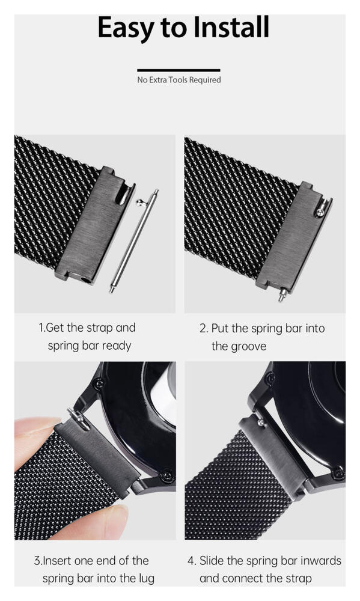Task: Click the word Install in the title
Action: (231, 27)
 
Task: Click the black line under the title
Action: (178, 70)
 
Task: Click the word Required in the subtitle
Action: (205, 80)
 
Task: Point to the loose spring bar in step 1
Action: (134, 241)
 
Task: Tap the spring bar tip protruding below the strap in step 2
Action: (282, 294)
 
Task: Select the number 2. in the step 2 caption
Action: (204, 329)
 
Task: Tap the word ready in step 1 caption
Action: (117, 346)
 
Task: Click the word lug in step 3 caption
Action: (146, 579)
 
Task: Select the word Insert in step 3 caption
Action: (57, 561)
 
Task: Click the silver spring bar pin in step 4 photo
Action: (262, 423)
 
